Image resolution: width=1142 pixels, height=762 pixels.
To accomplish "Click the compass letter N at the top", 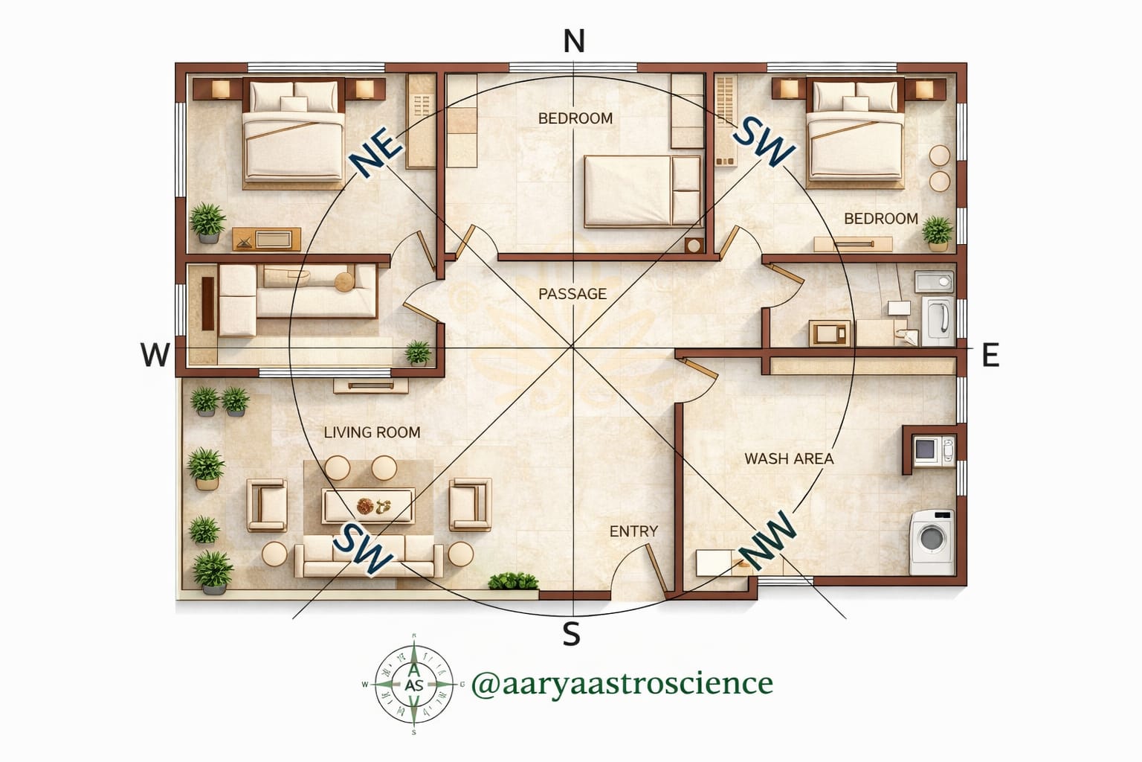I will pyautogui.click(x=573, y=41).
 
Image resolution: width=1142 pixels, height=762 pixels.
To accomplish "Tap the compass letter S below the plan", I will pyautogui.click(x=570, y=635).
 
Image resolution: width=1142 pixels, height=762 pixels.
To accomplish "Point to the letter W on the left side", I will pyautogui.click(x=155, y=356).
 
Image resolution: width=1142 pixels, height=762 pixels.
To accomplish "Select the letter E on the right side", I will pyautogui.click(x=990, y=356).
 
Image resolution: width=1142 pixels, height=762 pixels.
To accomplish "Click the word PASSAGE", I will pyautogui.click(x=572, y=294).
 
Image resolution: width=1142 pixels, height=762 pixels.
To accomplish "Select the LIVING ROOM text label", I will pyautogui.click(x=372, y=432).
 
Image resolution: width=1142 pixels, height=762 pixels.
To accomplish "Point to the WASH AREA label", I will pyautogui.click(x=789, y=458).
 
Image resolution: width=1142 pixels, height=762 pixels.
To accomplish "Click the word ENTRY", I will pyautogui.click(x=633, y=531).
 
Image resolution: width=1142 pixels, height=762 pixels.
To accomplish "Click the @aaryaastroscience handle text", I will pyautogui.click(x=622, y=682).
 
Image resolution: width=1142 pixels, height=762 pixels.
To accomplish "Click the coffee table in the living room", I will pyautogui.click(x=367, y=506).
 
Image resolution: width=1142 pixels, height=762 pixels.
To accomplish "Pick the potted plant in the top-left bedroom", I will pyautogui.click(x=207, y=222).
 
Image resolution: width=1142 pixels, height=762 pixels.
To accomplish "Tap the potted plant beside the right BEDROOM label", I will pyautogui.click(x=937, y=232).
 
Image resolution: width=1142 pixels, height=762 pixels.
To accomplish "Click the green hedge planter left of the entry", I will pyautogui.click(x=513, y=581).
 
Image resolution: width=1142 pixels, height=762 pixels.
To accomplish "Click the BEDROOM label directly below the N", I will pyautogui.click(x=575, y=118).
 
